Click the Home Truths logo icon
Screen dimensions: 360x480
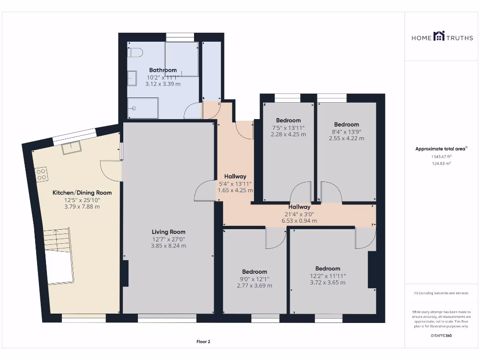coord(439,36)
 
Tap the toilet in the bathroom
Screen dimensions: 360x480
coord(135,52)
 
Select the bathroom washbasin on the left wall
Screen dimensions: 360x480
coord(132,78)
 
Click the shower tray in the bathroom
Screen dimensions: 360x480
coord(143,108)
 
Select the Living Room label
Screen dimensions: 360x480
coord(168,232)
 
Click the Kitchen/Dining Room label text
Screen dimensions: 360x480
coord(82,193)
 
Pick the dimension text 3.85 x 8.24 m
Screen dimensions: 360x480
coord(168,246)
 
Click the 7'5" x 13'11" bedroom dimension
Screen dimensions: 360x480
coord(288,127)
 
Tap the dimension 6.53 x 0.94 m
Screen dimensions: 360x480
coord(299,221)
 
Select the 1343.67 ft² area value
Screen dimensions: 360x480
coord(441,157)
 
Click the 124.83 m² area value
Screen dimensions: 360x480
coord(441,164)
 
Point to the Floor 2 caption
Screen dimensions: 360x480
coord(203,342)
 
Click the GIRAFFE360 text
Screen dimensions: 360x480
coord(441,336)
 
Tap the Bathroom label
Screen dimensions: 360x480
coord(163,70)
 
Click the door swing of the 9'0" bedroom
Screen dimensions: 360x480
coord(275,238)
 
